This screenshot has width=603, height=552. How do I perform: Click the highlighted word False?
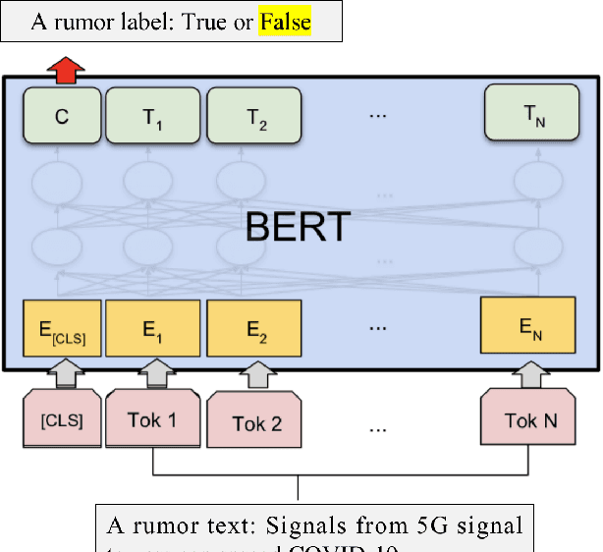285,22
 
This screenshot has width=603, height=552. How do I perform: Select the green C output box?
62,116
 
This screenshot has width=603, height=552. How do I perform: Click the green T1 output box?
153,116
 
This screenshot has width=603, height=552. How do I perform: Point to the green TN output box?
528,116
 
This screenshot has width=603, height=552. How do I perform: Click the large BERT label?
297,227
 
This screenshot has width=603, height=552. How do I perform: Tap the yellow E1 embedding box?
153,330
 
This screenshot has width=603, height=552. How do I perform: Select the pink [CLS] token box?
61,421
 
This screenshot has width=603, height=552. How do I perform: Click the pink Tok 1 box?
152,421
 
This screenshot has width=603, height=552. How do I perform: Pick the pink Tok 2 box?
256,423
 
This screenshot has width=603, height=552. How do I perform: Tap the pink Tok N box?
530,421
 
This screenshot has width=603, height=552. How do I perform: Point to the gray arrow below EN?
529,375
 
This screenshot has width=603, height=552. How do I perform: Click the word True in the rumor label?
211,22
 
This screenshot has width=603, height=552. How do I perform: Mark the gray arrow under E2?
256,375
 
